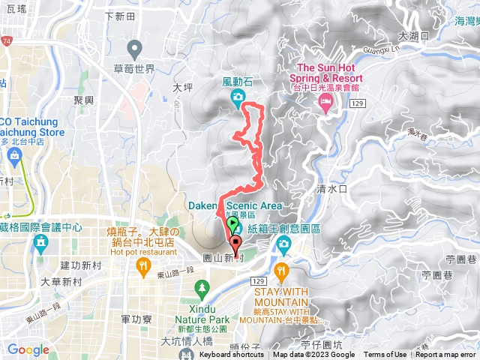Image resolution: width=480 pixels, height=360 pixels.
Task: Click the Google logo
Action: (28, 349)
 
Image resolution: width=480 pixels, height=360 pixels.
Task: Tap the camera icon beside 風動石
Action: (237, 96)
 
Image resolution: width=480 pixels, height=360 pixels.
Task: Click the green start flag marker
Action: (232, 223)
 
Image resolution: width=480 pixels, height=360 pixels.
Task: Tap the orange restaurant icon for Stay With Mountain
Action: (281, 271)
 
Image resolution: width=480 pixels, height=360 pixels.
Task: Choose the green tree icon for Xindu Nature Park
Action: (201, 287)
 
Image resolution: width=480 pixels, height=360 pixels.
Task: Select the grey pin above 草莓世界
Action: (135, 51)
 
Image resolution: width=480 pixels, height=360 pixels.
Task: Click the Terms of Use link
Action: (385, 355)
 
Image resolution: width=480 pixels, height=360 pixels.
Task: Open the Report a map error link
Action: (446, 355)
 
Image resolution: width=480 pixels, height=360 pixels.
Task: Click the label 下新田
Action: (119, 16)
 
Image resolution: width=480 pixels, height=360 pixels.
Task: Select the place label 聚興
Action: (85, 100)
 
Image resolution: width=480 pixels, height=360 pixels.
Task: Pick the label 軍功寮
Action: (136, 319)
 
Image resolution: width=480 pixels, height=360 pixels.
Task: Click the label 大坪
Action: (183, 87)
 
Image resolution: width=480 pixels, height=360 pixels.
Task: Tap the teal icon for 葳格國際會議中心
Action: (40, 242)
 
